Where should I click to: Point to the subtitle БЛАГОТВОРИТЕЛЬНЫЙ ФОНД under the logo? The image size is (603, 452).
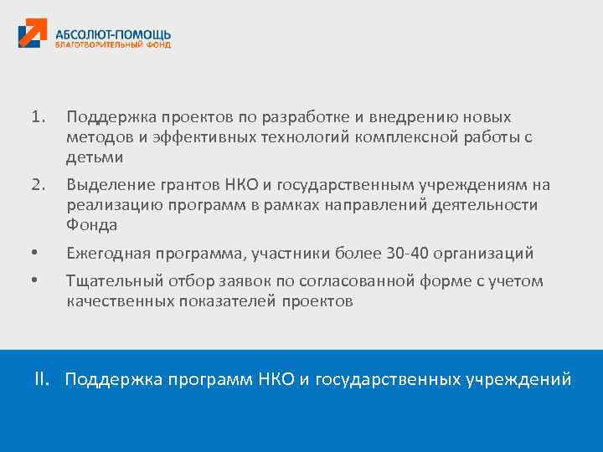[113, 45]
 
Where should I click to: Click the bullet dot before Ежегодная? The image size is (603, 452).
[33, 254]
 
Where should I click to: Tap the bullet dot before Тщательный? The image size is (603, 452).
[33, 282]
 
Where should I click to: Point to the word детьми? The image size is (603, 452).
[95, 157]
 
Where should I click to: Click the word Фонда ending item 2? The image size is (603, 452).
[92, 225]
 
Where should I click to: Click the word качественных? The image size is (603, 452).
[121, 302]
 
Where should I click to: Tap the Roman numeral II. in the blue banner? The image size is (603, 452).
[44, 379]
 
